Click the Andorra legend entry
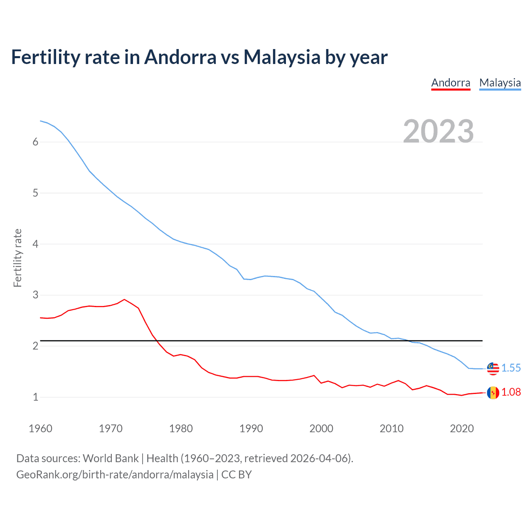tap(451, 83)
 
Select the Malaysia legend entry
tap(500, 83)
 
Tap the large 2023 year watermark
tap(438, 131)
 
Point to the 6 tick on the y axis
tap(35, 142)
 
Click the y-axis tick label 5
tap(35, 193)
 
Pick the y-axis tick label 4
tap(35, 244)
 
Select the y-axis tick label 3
tap(35, 295)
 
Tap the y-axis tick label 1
tap(35, 397)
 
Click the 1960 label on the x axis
tap(40, 429)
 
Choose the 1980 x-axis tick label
tap(181, 429)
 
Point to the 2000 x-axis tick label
tap(321, 429)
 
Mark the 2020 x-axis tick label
tap(462, 429)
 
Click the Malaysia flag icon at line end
tap(493, 368)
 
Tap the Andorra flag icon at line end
tap(493, 392)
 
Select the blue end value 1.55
tap(511, 368)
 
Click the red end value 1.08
tap(511, 392)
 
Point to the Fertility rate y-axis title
tap(17, 258)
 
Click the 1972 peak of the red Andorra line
tap(124, 299)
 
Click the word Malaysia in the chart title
tap(281, 57)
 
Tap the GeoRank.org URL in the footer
tap(115, 475)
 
